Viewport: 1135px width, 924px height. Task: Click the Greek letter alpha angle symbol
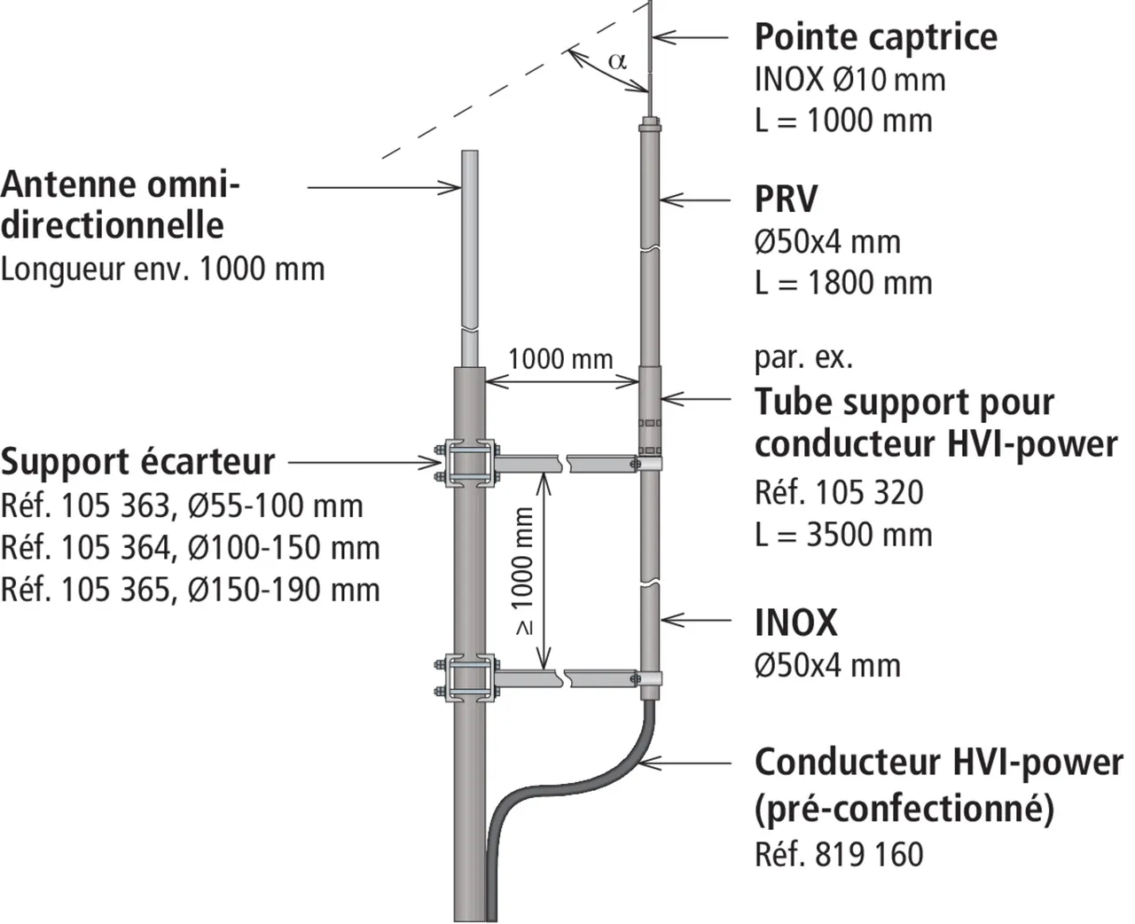click(617, 61)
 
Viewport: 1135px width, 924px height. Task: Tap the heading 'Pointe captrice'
click(875, 36)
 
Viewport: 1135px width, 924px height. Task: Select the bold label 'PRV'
click(786, 200)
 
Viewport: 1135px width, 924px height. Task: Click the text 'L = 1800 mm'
click(843, 283)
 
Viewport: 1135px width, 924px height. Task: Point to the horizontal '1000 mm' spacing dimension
click(560, 359)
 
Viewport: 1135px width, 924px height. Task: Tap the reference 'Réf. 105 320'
click(839, 492)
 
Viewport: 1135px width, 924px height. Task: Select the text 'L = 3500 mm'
click(843, 535)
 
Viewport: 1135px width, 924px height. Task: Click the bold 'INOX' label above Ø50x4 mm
click(795, 623)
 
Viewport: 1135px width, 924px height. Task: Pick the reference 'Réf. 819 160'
click(839, 854)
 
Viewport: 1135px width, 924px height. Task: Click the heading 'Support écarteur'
click(138, 462)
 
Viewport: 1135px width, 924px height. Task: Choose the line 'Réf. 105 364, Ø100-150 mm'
click(191, 548)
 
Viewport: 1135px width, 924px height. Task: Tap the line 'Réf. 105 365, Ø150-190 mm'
click(191, 590)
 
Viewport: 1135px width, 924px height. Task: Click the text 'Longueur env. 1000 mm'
click(163, 268)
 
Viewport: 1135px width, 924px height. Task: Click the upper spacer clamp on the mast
click(469, 463)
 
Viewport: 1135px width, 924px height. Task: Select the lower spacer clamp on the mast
click(469, 677)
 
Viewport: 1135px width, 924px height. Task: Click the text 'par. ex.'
click(803, 357)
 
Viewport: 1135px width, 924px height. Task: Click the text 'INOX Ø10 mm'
click(849, 79)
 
